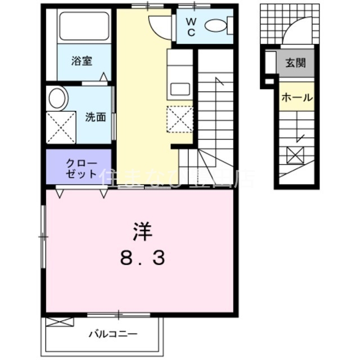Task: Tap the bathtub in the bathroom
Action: click(84, 26)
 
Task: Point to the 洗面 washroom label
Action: click(96, 118)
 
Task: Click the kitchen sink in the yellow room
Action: click(180, 88)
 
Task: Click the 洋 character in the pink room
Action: click(142, 231)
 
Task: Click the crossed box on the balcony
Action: click(60, 322)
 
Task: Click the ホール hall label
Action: click(296, 97)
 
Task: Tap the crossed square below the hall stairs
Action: click(295, 154)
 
